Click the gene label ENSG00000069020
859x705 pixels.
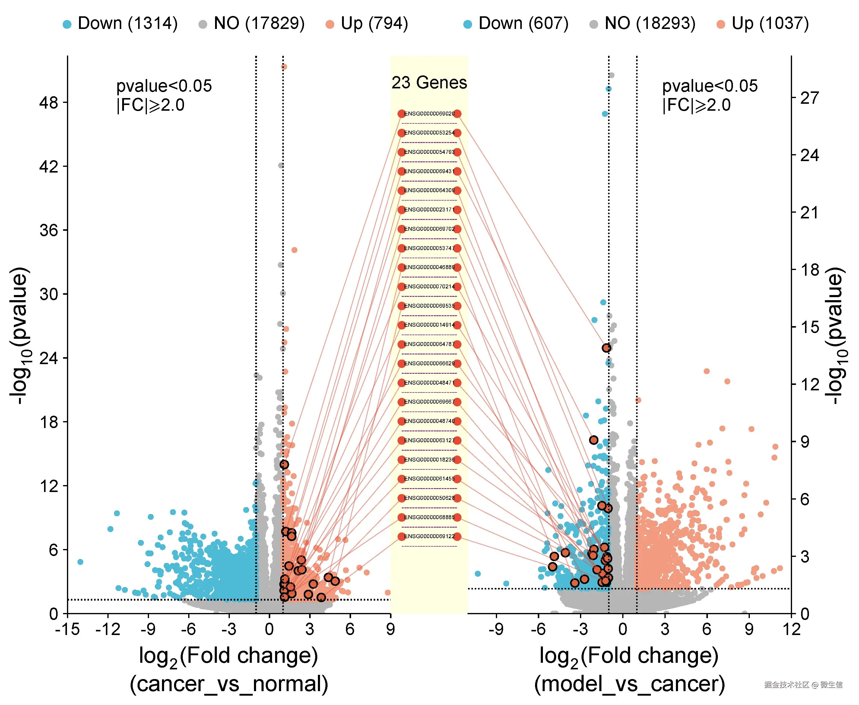429,114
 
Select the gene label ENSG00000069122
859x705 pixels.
429,536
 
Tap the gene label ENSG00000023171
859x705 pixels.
429,210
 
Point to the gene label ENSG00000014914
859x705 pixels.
429,325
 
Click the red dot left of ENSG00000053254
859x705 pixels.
401,133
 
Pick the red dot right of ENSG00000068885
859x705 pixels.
457,517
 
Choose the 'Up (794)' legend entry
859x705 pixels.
367,24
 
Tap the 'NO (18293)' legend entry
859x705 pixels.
643,24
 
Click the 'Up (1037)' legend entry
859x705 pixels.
763,24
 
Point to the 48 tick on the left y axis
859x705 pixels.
49,102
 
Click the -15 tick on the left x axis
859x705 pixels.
67,630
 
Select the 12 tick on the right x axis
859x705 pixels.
791,630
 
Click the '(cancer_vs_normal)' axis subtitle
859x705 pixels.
229,684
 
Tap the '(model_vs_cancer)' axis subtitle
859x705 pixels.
629,684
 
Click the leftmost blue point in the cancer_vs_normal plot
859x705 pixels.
80,562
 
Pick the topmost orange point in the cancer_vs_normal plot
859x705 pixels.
284,67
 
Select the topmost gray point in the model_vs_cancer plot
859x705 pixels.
611,75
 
